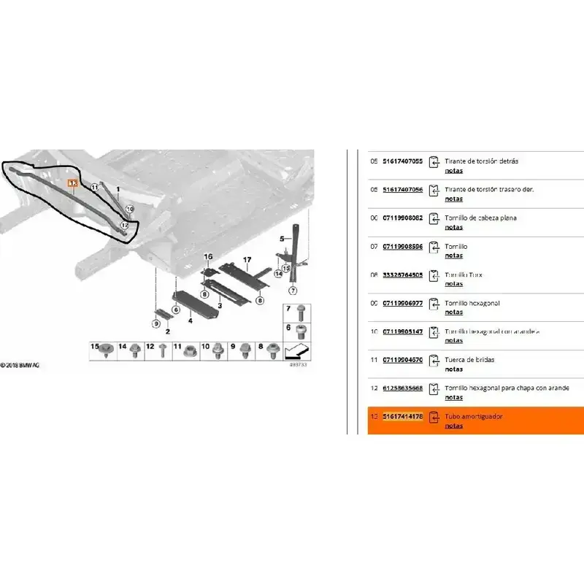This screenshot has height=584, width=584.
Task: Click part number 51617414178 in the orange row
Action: click(x=402, y=416)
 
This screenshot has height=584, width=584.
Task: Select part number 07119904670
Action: click(x=402, y=360)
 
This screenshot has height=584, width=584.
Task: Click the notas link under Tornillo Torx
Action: click(x=453, y=284)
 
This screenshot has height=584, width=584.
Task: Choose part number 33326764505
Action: click(x=402, y=275)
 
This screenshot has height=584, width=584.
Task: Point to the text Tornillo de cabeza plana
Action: click(x=481, y=218)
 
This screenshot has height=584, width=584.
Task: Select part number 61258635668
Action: click(x=402, y=388)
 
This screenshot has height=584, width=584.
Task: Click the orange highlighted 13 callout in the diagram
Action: click(x=72, y=184)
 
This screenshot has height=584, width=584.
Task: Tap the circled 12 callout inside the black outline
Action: click(x=125, y=226)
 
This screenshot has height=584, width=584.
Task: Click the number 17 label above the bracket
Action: click(x=247, y=260)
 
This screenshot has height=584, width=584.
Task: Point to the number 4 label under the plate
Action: click(x=189, y=320)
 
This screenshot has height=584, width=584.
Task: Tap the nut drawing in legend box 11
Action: click(x=190, y=350)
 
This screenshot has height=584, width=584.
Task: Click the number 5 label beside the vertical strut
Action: click(x=281, y=239)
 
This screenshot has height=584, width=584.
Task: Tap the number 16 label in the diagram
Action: click(x=207, y=256)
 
